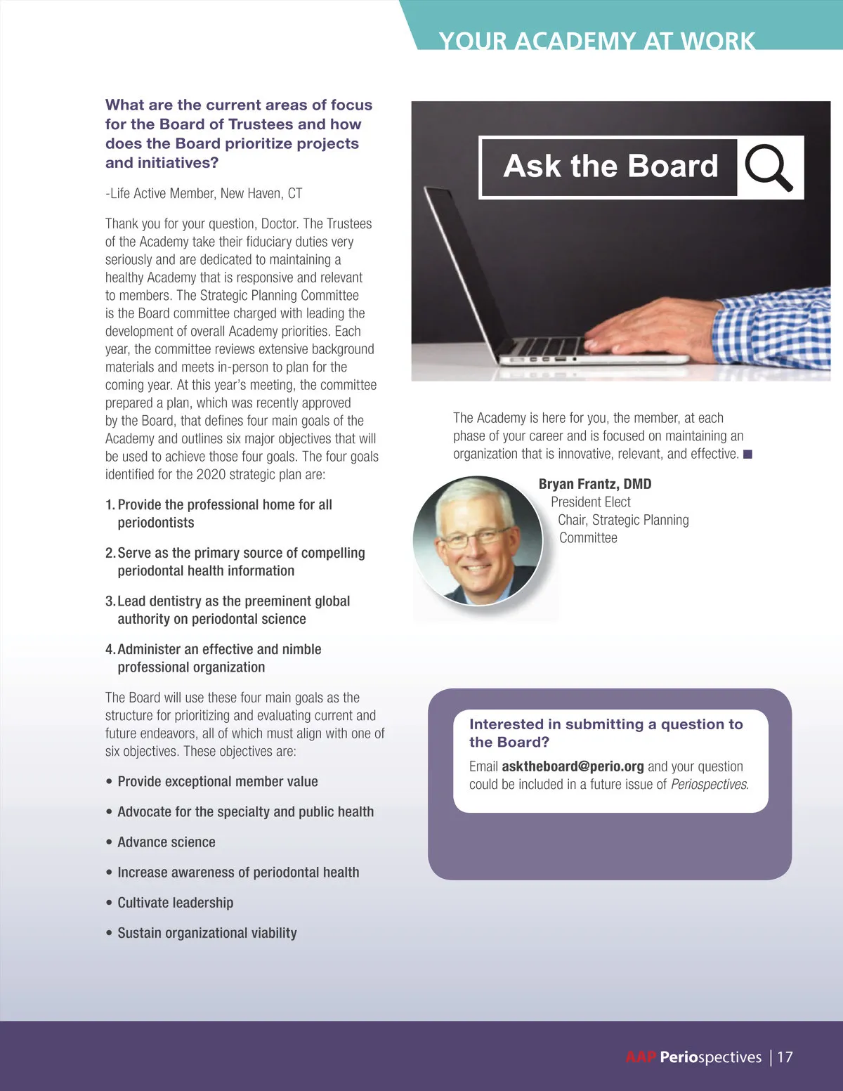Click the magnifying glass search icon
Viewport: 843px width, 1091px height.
[768, 166]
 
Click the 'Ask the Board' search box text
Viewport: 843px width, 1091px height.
[610, 166]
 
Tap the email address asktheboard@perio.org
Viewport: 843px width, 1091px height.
[573, 766]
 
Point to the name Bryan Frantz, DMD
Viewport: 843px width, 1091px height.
[595, 484]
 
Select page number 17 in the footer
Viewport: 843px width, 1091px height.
[785, 1057]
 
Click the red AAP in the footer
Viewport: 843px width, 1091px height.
[641, 1057]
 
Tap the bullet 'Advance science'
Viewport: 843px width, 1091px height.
[166, 842]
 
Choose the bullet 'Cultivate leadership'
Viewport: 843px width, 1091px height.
[175, 903]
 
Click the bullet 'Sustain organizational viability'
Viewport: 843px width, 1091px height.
[207, 933]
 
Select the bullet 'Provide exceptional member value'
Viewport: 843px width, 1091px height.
[217, 782]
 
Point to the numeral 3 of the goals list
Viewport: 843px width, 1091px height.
[110, 601]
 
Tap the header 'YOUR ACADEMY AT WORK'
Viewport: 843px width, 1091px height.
[596, 41]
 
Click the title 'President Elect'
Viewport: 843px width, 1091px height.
[591, 502]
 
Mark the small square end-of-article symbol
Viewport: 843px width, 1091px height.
[748, 455]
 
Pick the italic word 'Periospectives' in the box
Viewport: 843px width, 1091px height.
[709, 785]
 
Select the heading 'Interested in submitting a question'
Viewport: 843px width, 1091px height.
[606, 724]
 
